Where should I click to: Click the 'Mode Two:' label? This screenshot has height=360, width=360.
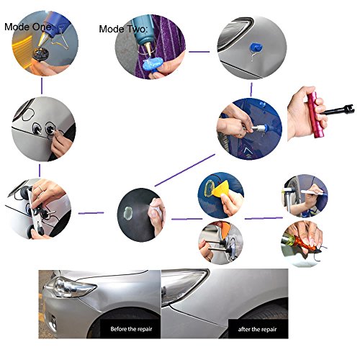tap(123, 30)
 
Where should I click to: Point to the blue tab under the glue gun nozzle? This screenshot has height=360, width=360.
tap(152, 66)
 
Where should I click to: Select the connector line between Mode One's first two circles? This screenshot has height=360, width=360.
tap(42, 86)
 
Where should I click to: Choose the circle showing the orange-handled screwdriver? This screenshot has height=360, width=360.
tap(301, 244)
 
